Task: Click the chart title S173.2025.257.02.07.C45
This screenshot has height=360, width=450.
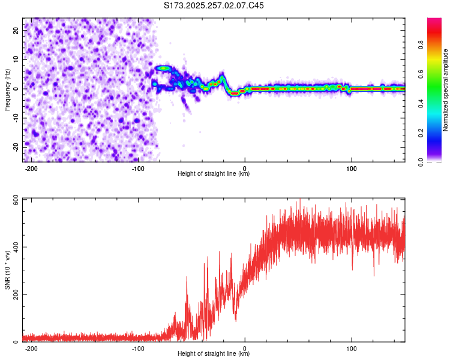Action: (x=214, y=5)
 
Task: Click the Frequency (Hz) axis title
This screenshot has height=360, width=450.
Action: (x=7, y=89)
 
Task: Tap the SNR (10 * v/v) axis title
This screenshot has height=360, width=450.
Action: (x=7, y=269)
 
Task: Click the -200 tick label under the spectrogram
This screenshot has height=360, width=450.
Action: (x=31, y=168)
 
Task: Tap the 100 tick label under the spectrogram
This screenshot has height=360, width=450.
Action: (x=352, y=168)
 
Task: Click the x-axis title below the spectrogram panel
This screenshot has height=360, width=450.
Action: (x=214, y=174)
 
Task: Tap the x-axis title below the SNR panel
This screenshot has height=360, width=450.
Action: (x=214, y=354)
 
